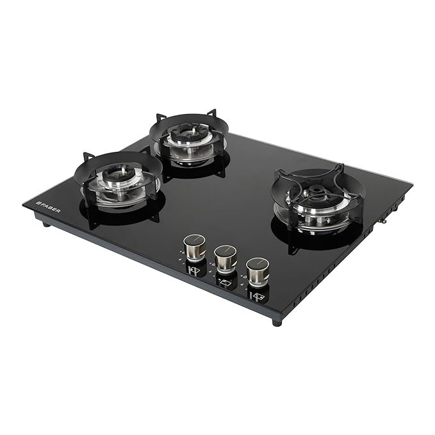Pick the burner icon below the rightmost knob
[257, 296]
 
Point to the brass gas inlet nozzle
[384, 220]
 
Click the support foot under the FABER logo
[47, 224]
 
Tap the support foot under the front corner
[277, 322]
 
